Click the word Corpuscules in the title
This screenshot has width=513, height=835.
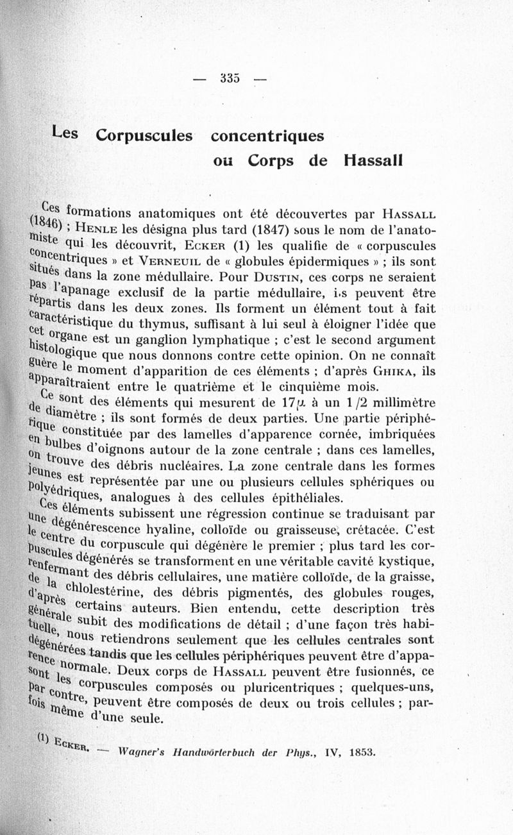point(144,135)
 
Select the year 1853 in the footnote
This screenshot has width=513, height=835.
point(362,752)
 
